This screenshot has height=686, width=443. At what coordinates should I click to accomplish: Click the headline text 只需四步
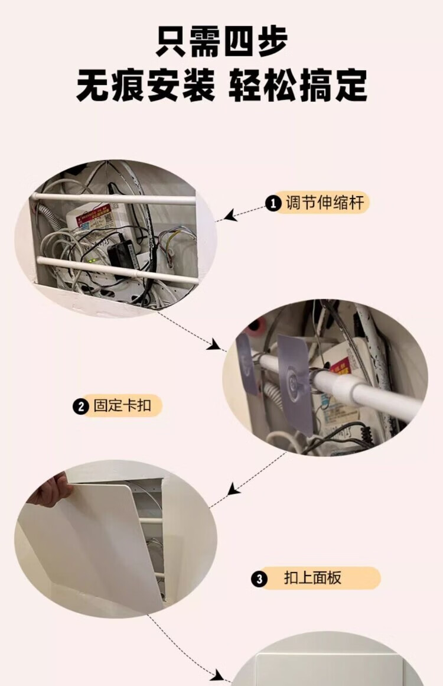coord(221,41)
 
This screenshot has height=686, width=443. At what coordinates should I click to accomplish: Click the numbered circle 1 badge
coord(273,203)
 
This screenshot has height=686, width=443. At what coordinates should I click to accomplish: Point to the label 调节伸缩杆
coord(325,203)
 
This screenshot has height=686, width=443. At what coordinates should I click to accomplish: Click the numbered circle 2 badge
coord(80,407)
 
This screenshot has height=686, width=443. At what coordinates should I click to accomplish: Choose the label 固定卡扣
coord(122,405)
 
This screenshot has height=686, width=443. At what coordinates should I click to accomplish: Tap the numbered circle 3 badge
coord(259,579)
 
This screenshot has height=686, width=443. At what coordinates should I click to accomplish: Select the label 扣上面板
coord(312,578)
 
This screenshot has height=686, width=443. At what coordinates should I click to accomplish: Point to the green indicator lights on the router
coord(93,261)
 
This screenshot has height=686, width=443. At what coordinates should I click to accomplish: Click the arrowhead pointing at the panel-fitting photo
coord(234,489)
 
